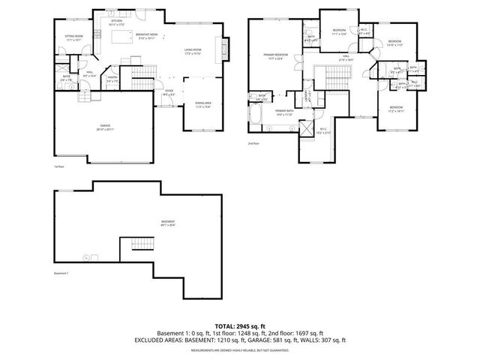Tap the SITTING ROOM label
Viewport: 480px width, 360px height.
[x=73, y=37]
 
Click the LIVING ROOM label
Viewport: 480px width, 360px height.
[x=193, y=52]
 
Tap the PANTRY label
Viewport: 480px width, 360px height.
[x=113, y=79]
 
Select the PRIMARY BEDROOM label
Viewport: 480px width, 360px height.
[x=275, y=57]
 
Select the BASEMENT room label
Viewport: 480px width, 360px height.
[x=168, y=222]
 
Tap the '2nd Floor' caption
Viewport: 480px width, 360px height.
[x=252, y=142]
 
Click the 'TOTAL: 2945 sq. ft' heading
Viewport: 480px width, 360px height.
[x=240, y=325]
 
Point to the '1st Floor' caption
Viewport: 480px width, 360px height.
[x=59, y=166]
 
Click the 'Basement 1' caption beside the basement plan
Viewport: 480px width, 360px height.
[x=61, y=273]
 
